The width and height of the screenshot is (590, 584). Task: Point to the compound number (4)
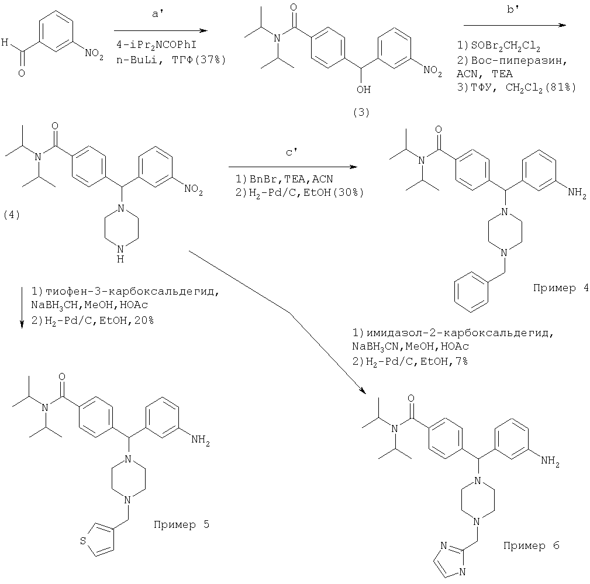[x=12, y=215]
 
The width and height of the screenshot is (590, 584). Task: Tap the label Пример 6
[x=531, y=546]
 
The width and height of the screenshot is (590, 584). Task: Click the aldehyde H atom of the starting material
[x=5, y=43]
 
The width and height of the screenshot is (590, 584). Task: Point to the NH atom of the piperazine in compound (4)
[x=120, y=259]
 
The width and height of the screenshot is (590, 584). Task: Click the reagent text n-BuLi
[x=132, y=60]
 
